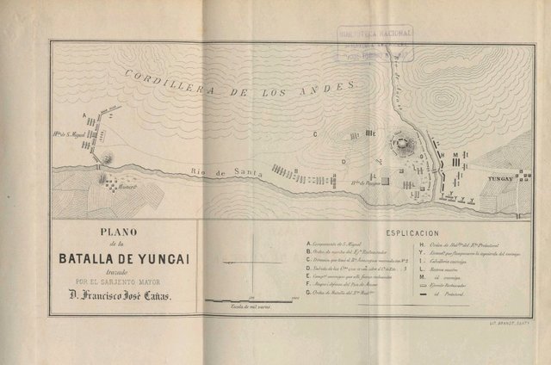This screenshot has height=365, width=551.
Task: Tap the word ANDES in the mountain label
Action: click(332, 86)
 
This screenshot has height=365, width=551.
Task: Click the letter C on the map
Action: click(316, 134)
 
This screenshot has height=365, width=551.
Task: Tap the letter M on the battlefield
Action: click(453, 156)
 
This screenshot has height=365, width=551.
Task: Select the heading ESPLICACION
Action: click(412, 232)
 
